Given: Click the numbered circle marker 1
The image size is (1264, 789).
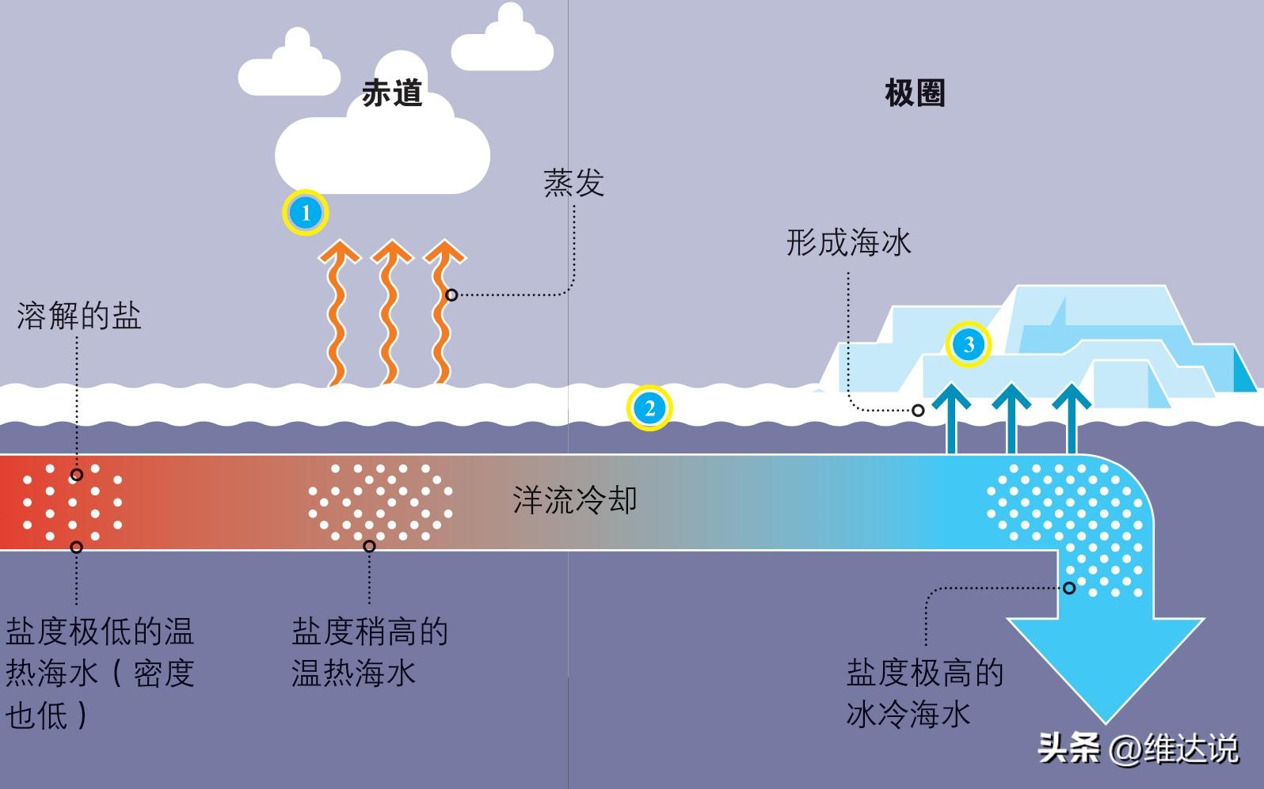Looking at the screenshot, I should tap(306, 213).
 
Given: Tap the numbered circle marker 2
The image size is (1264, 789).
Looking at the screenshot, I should tap(649, 408).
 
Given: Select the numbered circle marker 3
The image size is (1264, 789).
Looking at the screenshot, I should tap(968, 344).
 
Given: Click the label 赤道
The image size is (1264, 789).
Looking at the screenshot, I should tap(392, 93).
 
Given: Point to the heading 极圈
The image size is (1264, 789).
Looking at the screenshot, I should tap(915, 93).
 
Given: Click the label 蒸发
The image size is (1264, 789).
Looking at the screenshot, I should tap(573, 183).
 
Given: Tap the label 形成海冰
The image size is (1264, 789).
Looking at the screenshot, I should tap(848, 242).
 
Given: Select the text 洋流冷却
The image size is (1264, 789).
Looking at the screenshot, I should tap(574, 500).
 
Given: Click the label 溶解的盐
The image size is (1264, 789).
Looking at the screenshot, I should tap(78, 317).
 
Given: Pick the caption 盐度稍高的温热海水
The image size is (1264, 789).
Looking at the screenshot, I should tap(369, 652).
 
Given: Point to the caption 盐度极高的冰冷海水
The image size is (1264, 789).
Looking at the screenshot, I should tap(924, 693).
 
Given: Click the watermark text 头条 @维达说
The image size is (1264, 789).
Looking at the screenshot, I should tap(1138, 747).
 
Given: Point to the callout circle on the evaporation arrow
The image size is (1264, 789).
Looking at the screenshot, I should tap(451, 295).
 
